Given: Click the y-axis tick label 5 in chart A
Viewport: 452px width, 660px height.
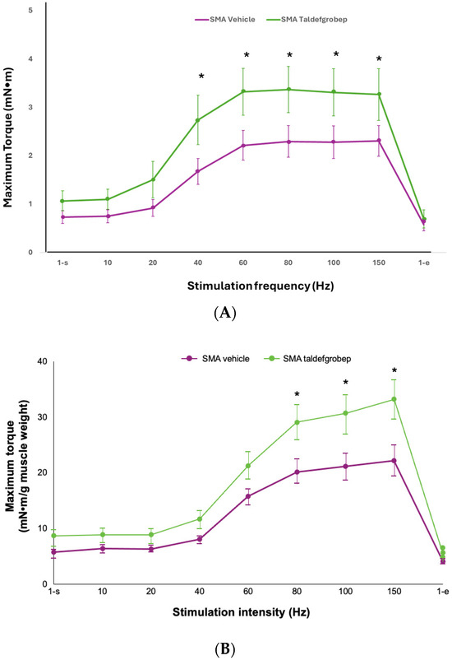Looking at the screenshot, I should [30, 11].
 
